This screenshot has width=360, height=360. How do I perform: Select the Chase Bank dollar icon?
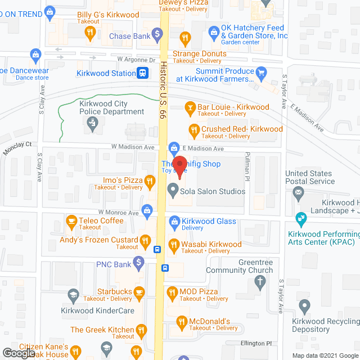point(159,37)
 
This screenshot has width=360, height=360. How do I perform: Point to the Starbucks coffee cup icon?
point(138,292)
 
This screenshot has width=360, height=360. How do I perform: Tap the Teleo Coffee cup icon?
point(71,221)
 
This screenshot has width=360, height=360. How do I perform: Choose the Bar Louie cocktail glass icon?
point(191,107)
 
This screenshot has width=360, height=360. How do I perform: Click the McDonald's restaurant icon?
point(181,322)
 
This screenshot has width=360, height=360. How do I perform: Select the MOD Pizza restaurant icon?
point(172,292)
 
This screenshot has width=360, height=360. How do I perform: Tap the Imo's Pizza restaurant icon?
point(149,181)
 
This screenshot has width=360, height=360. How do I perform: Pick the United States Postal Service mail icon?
point(298,193)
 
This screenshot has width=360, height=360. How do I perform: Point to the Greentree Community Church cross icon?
point(259,283)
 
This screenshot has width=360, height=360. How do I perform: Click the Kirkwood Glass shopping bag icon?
point(174,222)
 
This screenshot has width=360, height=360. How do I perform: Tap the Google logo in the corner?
point(18,353)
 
